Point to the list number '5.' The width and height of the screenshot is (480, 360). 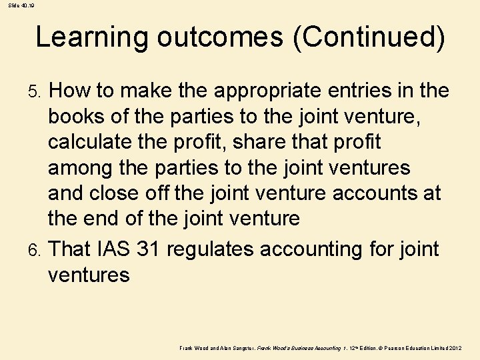tap(39, 91)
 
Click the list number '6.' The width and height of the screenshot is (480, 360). tap(39, 250)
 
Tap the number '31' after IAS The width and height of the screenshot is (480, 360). tap(147, 249)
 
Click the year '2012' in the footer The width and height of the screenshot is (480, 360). tap(455, 349)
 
